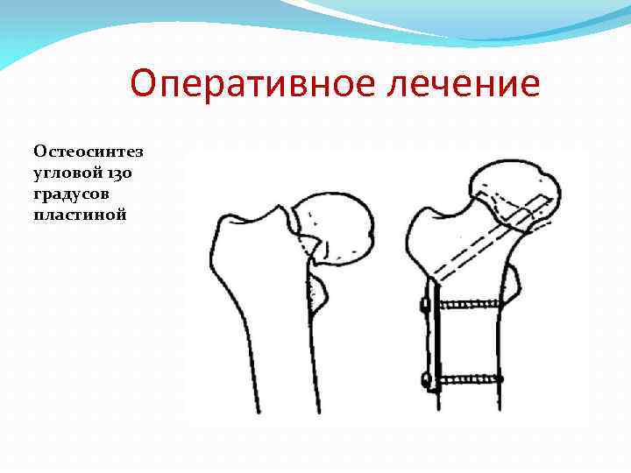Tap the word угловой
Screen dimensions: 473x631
coord(67,173)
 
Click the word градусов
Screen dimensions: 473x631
coord(74,193)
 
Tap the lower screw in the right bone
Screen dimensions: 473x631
coord(469,380)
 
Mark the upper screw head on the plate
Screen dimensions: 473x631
coord(426,306)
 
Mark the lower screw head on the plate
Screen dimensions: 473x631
coord(426,380)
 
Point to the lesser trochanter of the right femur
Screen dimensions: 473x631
coord(512,280)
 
